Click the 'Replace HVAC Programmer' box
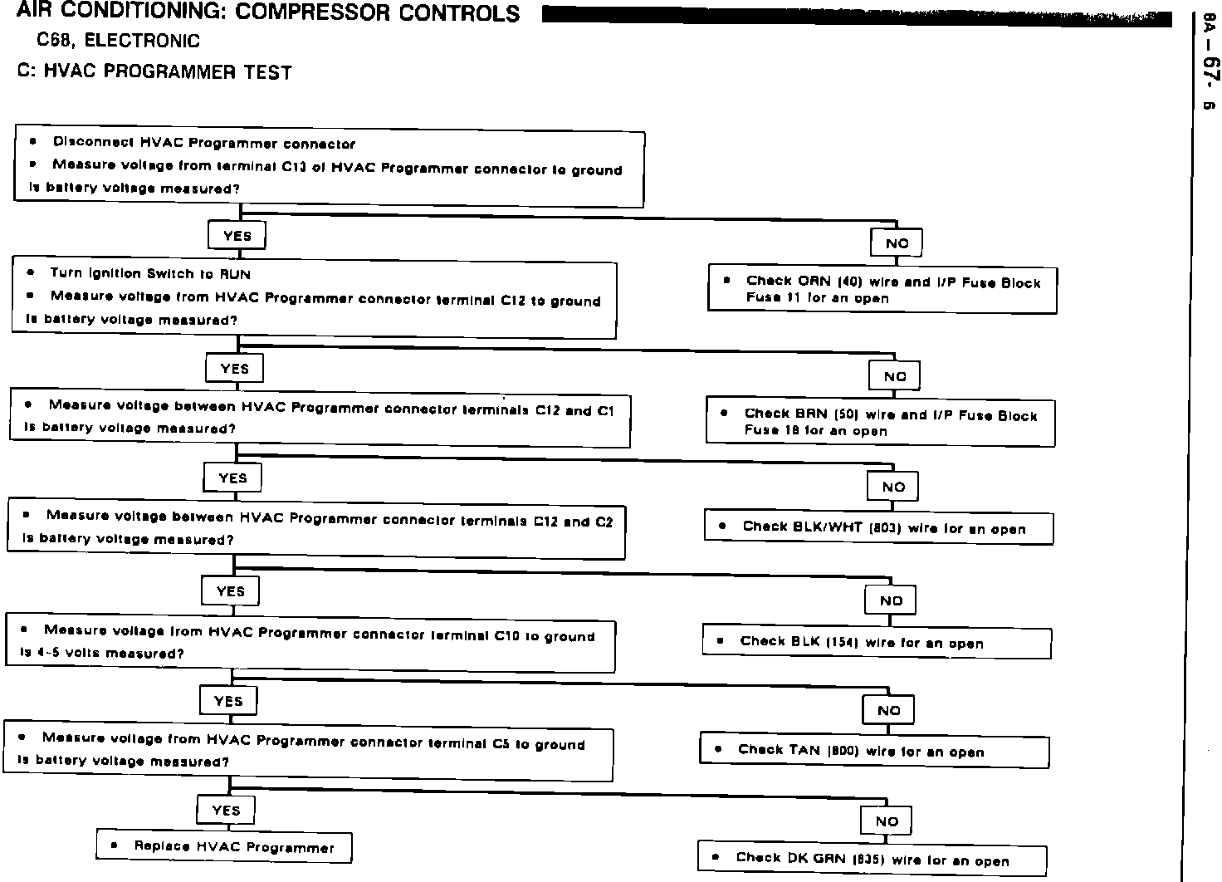tap(224, 847)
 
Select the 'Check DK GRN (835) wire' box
tap(872, 860)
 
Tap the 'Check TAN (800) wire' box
tap(874, 751)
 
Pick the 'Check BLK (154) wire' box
tap(877, 642)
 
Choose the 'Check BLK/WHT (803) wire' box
tap(878, 527)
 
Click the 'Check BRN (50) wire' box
tap(880, 422)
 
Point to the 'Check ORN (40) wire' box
tap(882, 289)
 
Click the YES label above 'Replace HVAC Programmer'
tap(226, 811)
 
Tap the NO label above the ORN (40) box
tap(897, 243)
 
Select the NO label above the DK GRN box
tap(887, 821)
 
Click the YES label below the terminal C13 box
tap(237, 236)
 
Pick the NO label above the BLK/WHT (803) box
tap(893, 487)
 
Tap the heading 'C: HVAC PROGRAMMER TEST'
tap(154, 72)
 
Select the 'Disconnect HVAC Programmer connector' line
tap(203, 144)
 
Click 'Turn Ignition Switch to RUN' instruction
tap(149, 273)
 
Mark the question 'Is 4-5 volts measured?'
tap(101, 653)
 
